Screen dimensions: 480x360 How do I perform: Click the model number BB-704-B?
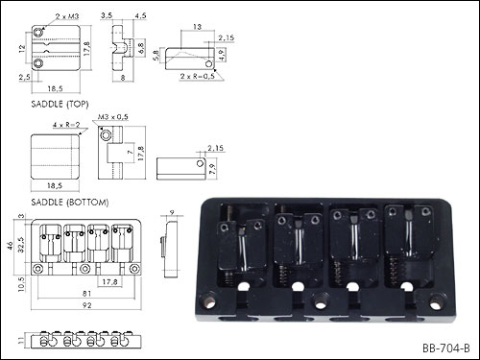446,348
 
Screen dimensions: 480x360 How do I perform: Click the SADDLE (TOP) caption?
60,104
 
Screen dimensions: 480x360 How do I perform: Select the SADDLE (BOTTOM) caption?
70,203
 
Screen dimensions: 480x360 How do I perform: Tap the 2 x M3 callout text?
67,16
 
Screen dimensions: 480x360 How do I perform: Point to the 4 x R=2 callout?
66,125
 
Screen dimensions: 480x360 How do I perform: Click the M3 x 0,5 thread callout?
113,117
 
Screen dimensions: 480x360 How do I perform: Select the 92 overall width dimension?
86,305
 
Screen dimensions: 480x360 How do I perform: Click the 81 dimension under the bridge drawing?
86,293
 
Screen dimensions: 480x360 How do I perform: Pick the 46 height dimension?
11,246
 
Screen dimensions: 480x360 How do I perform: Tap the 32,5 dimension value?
21,245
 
